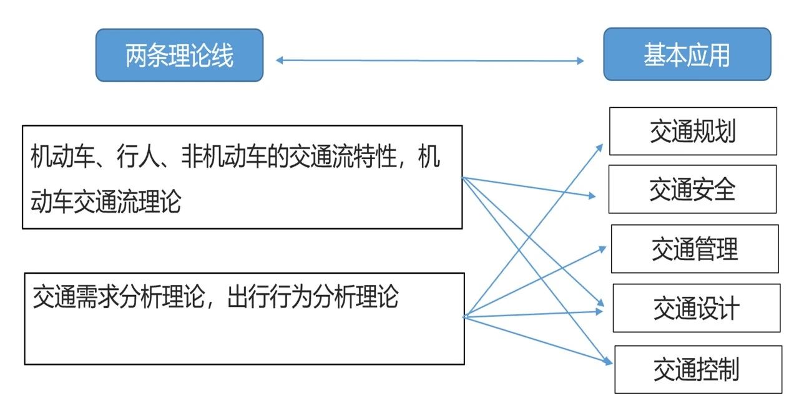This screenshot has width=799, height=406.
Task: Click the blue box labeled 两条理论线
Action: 179,56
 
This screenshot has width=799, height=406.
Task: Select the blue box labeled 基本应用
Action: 687,55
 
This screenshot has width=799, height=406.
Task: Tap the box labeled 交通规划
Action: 693,132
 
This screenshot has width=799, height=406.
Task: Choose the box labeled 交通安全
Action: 692,190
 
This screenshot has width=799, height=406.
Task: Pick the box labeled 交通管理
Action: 695,249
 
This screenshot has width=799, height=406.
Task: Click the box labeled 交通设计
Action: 697,308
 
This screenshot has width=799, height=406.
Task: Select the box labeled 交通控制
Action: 698,369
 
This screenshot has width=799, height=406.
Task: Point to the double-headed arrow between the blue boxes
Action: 429,60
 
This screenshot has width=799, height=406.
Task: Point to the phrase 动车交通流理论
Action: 105,202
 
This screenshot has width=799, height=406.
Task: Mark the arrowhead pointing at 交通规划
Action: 600,147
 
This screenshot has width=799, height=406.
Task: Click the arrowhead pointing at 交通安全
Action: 592,196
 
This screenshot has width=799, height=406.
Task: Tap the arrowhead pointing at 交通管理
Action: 602,248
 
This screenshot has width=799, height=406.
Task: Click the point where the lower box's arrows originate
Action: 464,317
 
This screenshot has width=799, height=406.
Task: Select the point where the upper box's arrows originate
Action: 463,177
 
